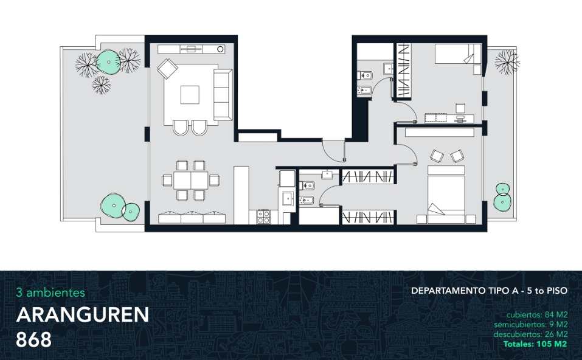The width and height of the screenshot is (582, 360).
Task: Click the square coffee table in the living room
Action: [190, 95]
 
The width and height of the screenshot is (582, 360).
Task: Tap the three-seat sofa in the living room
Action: [223, 95]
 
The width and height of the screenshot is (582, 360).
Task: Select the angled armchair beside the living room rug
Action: [167, 69]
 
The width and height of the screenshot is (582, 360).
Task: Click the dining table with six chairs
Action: [191, 181]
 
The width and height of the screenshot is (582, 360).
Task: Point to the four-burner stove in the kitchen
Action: [263, 216]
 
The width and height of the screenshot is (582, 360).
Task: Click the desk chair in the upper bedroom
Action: [460, 108]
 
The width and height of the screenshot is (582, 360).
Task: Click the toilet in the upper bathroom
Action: [365, 76]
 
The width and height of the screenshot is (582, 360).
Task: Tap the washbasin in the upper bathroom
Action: [389, 68]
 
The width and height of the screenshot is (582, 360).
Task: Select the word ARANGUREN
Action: [82, 315]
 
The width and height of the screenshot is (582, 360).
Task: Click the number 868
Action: [34, 339]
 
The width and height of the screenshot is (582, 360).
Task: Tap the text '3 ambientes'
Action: [50, 292]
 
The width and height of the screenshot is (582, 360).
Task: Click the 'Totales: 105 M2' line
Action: [535, 344]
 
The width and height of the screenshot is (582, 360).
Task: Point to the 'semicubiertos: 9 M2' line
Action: [530, 324]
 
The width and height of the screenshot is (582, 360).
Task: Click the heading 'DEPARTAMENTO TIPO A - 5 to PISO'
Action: [489, 291]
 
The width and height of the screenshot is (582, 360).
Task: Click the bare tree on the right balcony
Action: [507, 61]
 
